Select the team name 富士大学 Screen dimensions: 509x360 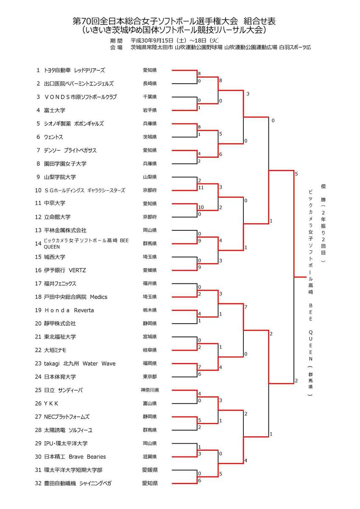tap(55, 110)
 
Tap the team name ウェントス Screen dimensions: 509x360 tap(53, 137)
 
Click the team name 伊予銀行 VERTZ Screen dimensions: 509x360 tap(65, 270)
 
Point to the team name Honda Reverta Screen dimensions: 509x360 tap(69, 310)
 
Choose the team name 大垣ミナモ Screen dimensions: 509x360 tap(55, 350)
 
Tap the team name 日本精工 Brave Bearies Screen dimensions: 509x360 tap(75, 457)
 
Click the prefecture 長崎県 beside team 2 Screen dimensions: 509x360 tap(150, 84)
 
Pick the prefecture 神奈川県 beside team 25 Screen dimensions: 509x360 tap(150, 390)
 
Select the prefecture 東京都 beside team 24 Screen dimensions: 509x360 tap(150, 377)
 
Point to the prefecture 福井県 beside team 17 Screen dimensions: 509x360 tap(150, 283)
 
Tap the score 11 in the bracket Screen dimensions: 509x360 tap(201, 187)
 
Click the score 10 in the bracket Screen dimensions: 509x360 tap(201, 207)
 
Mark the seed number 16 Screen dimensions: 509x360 tap(38, 270)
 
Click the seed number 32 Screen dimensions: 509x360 tap(38, 483)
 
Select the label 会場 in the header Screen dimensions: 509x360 tap(116, 48)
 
